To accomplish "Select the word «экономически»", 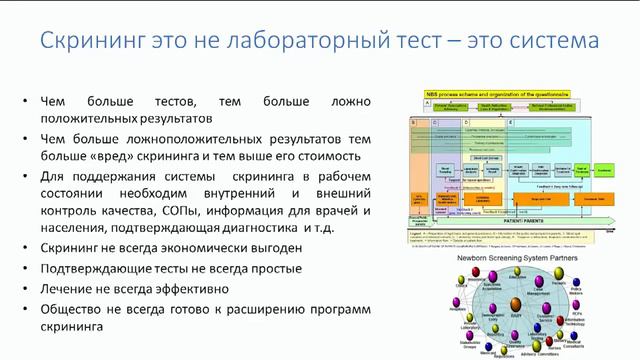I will click(219, 248).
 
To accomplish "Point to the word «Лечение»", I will click(67, 290).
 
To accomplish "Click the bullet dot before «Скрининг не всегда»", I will click(22, 249).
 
